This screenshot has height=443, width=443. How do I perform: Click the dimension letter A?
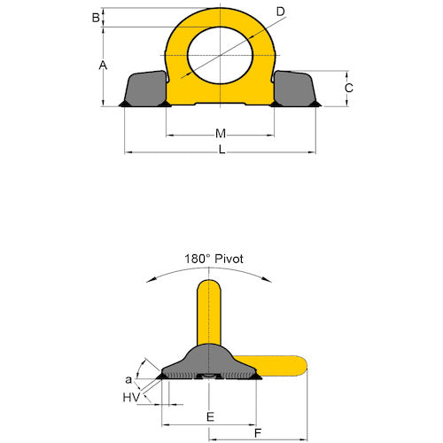click(103, 66)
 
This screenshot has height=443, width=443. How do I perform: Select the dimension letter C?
click(349, 88)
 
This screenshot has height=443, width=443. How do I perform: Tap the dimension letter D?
click(280, 12)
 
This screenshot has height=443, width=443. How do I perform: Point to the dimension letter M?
click(221, 134)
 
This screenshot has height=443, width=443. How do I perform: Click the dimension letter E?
click(209, 416)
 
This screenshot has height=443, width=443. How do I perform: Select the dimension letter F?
click(258, 434)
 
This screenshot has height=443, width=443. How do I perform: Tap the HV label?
click(129, 398)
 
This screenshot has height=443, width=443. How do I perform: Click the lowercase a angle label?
click(128, 378)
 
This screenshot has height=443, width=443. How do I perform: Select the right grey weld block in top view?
click(295, 88)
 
